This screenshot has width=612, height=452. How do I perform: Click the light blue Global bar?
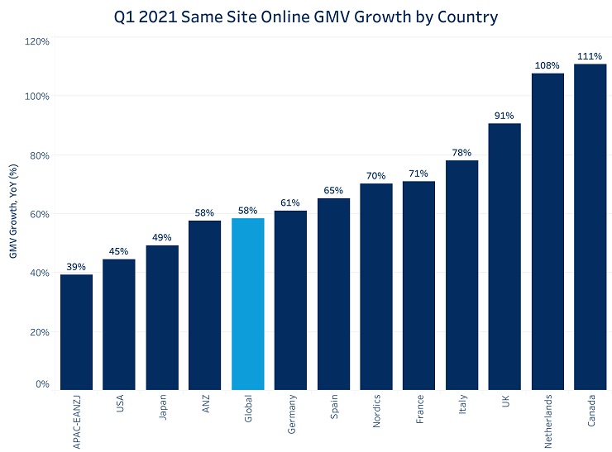248,303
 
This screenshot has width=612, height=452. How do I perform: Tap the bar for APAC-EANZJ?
76,332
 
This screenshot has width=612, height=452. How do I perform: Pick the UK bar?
504,256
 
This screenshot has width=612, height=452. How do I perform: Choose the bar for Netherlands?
547,231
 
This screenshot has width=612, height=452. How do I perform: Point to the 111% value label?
590,56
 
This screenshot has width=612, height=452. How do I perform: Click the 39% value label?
76,267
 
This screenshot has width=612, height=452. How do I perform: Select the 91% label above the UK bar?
504,116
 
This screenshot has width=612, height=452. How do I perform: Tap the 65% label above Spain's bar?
333,191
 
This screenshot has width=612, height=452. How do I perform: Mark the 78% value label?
461,153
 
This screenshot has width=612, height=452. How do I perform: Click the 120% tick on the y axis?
37,40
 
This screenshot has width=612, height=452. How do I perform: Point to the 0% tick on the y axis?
42,384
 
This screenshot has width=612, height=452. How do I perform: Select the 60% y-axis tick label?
39,214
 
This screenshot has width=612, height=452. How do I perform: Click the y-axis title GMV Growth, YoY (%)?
14,212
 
